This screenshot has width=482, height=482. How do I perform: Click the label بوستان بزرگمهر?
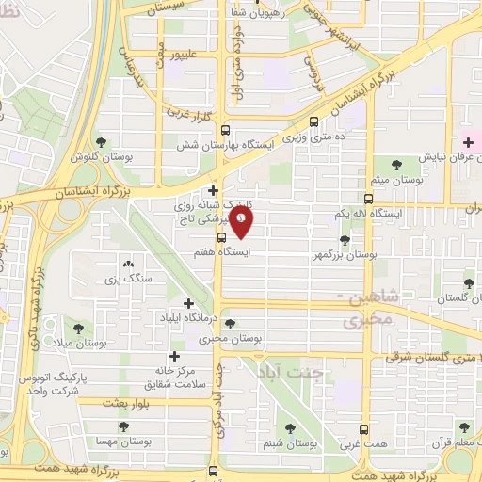[x=348, y=254]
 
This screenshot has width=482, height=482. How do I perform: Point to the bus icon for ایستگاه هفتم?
[x=221, y=238]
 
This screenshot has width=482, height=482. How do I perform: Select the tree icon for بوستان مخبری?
[x=230, y=324]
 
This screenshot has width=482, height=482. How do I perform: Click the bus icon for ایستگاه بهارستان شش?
[x=224, y=132]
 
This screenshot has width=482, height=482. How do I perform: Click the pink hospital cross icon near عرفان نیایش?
[x=468, y=142]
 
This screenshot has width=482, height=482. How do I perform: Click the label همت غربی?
[x=350, y=442]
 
